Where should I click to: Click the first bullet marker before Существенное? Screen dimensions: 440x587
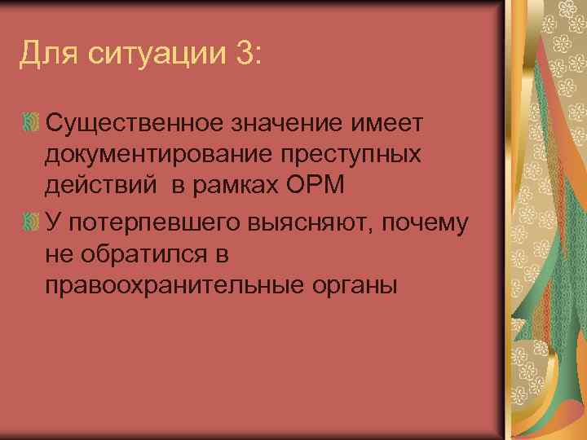(x=32, y=123)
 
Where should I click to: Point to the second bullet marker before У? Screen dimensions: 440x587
(x=32, y=221)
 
